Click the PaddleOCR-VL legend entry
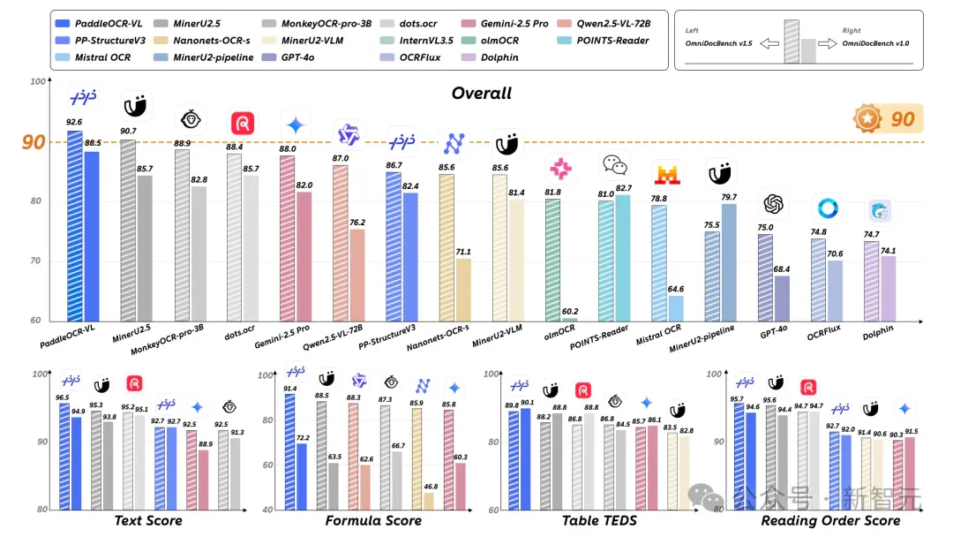point(99,24)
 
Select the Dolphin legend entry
point(490,57)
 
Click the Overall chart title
point(482,93)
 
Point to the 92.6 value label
point(74,122)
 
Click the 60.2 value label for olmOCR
point(570,312)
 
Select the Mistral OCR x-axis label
point(658,335)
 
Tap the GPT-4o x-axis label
point(773,332)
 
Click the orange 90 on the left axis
point(34,142)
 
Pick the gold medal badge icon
point(867,118)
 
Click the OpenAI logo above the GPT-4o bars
point(773,204)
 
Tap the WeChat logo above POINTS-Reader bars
point(614,164)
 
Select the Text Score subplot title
point(148,520)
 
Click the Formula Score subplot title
point(373,520)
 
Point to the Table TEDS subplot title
point(599,520)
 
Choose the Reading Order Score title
point(831,520)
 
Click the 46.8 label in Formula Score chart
point(431,487)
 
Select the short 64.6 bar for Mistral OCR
point(675,308)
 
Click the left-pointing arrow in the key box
point(769,44)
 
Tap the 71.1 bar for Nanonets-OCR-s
point(463,290)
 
